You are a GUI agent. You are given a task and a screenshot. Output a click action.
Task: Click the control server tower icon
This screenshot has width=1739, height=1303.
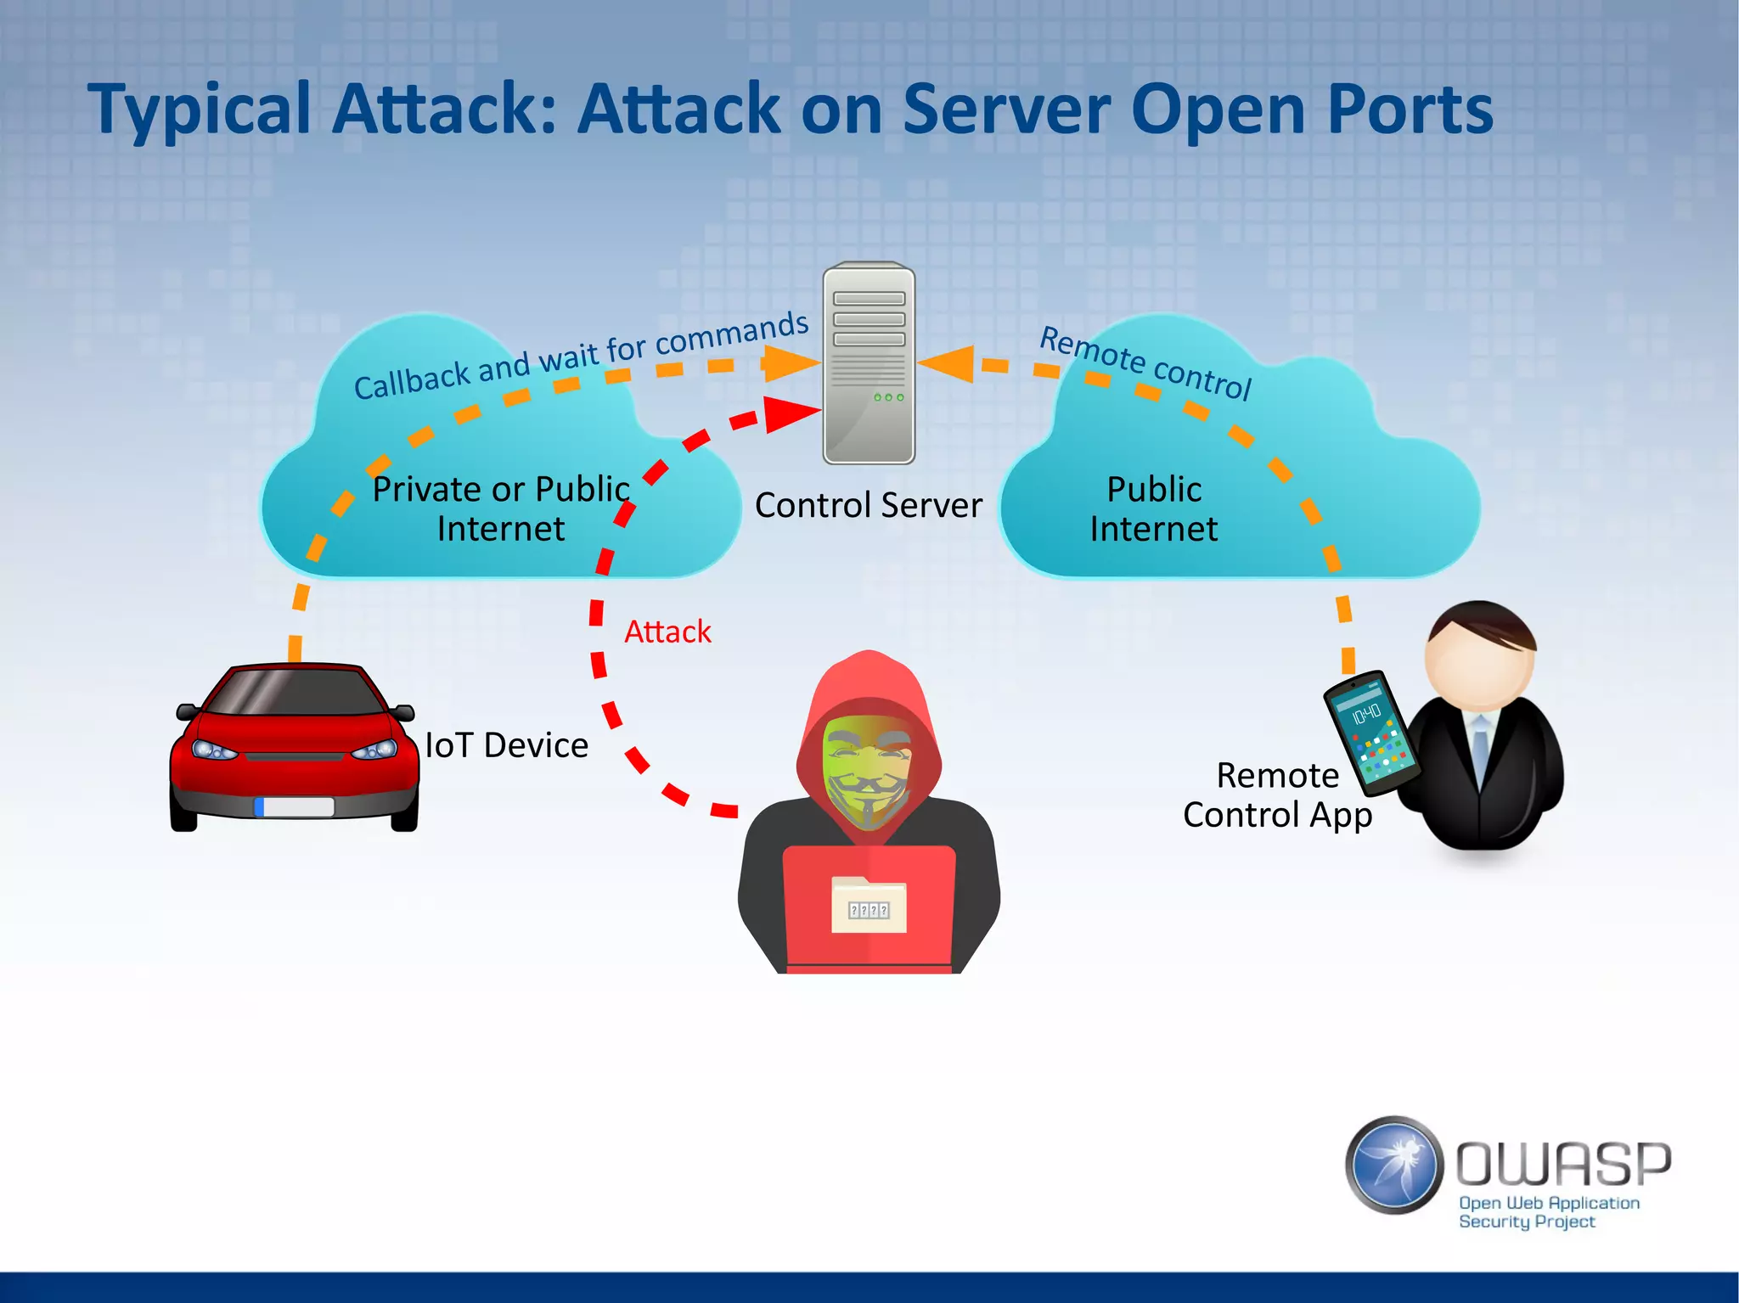[869, 363]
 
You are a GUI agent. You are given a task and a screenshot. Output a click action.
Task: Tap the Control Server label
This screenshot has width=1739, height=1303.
[868, 505]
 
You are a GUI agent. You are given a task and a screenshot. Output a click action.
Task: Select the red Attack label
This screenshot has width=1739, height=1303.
[667, 632]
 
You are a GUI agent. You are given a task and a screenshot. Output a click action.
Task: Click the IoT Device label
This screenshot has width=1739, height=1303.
[507, 745]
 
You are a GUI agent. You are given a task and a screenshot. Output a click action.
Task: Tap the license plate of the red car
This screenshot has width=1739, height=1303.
[295, 806]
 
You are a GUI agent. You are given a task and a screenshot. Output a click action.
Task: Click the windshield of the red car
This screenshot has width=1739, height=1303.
[295, 692]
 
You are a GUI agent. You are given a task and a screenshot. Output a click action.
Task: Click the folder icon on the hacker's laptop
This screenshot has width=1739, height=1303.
[869, 905]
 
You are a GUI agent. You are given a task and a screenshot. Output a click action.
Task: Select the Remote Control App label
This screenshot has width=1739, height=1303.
[1277, 795]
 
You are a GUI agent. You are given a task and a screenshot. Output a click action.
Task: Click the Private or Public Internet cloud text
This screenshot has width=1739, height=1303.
[501, 508]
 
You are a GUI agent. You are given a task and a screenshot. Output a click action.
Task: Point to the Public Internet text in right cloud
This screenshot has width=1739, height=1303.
[1154, 508]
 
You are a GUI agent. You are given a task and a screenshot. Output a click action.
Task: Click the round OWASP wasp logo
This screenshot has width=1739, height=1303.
[1394, 1165]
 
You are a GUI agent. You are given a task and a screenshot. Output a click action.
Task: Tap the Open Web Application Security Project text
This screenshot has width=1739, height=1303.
[1547, 1212]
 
